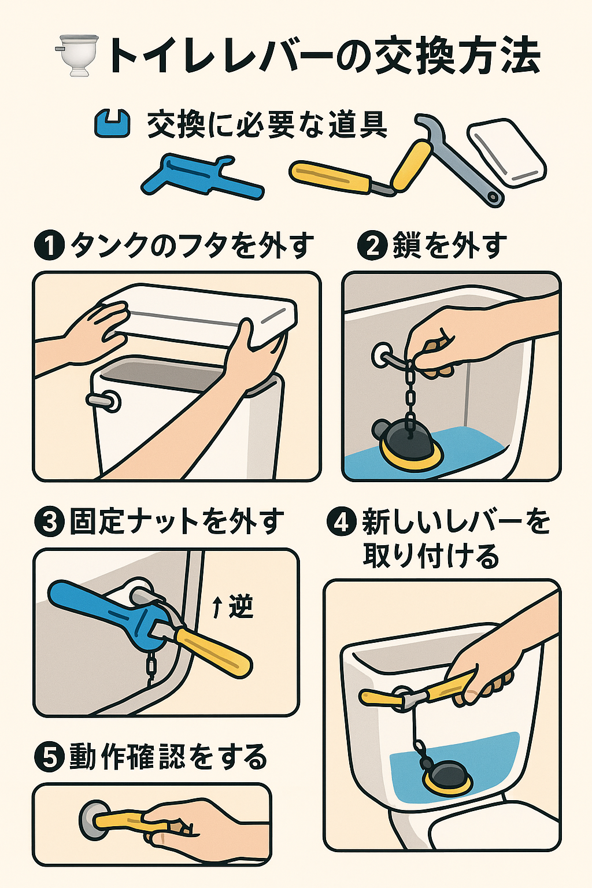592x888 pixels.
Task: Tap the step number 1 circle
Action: click(49, 246)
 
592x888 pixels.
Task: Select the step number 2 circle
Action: click(372, 246)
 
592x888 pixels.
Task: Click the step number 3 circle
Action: click(49, 522)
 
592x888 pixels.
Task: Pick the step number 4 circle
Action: click(342, 522)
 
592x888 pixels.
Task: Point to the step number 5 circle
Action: click(49, 757)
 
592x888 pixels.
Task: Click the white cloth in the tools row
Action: click(506, 152)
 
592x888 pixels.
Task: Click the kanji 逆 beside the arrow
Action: click(241, 606)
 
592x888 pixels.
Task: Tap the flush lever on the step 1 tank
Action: click(104, 401)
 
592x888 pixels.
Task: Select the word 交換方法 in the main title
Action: click(457, 56)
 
